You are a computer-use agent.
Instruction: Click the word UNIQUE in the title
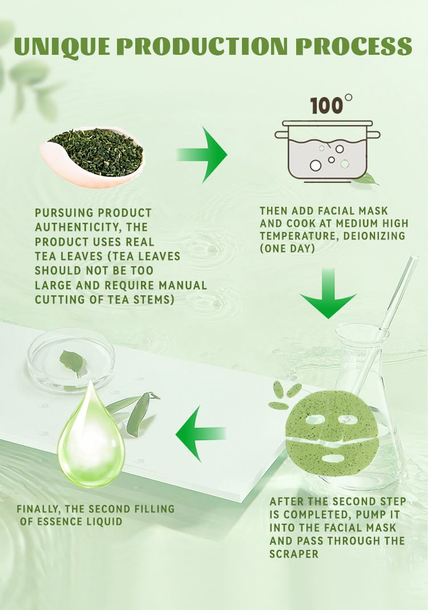(x=62, y=47)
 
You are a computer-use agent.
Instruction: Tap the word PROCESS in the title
(x=354, y=46)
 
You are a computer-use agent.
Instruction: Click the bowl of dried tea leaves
(x=92, y=156)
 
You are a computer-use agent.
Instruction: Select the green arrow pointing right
(x=202, y=154)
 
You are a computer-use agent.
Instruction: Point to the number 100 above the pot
(x=326, y=106)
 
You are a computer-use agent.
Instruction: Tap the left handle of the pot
(x=281, y=135)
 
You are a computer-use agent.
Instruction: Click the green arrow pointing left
(x=201, y=434)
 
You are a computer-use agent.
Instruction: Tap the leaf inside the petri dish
(x=73, y=363)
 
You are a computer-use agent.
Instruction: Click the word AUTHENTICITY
(x=79, y=227)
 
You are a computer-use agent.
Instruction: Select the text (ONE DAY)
(x=287, y=248)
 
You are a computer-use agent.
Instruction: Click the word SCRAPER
(x=294, y=553)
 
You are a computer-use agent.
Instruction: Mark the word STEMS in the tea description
(x=154, y=299)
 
